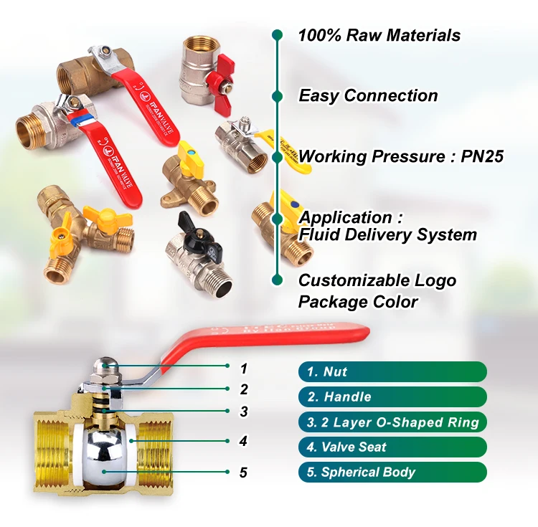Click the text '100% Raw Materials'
coord(379,35)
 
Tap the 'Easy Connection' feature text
coord(368,95)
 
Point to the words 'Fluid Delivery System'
coord(387,234)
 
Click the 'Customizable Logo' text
coord(377,280)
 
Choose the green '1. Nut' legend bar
coord(392,371)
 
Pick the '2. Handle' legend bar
coord(392,397)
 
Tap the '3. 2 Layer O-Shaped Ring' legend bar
coord(392,422)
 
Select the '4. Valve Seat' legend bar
coord(392,447)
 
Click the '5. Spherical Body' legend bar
coord(392,472)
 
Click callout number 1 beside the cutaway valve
coord(243,369)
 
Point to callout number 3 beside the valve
coord(243,412)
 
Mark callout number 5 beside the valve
coord(243,472)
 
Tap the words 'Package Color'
coord(358,302)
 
